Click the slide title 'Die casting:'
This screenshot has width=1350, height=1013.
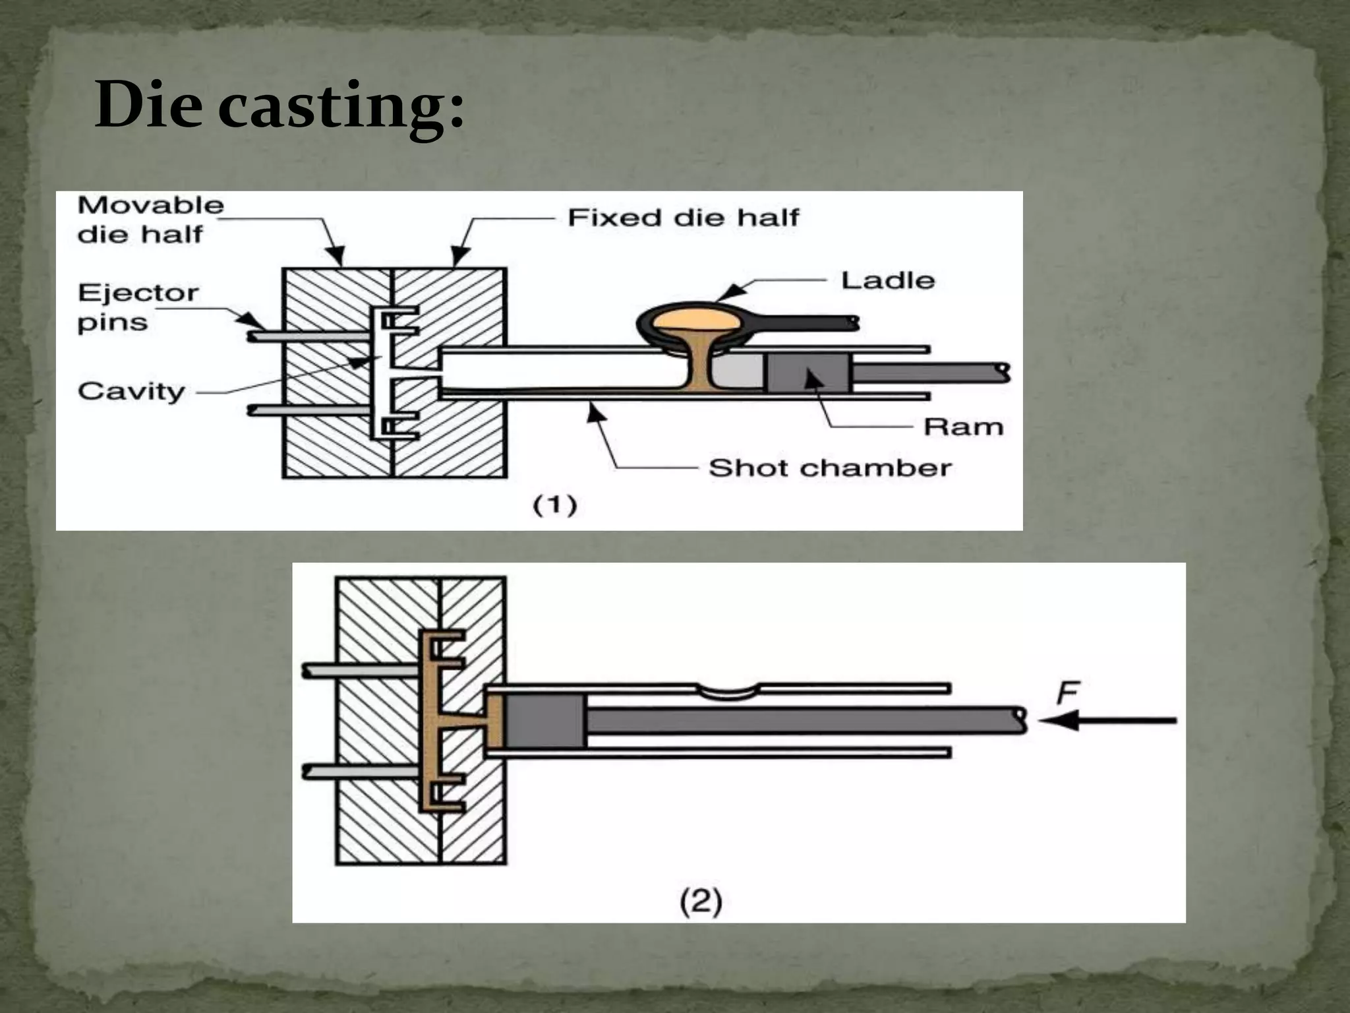point(279,106)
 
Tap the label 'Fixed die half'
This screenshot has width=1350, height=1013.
point(683,218)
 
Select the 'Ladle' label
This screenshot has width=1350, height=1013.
point(887,281)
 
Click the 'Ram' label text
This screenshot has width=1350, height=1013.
point(962,427)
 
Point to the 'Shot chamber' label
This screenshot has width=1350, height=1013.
point(829,468)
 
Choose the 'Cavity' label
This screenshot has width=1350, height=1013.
point(131,392)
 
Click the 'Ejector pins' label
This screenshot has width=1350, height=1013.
point(137,307)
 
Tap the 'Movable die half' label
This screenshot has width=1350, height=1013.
point(150,220)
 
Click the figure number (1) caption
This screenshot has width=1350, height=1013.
point(554,506)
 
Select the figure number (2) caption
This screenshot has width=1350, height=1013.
point(701,901)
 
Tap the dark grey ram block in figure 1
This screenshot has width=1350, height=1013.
point(807,373)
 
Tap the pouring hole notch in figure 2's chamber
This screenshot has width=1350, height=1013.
point(727,691)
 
